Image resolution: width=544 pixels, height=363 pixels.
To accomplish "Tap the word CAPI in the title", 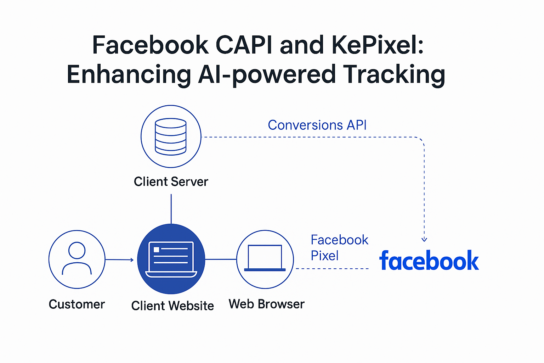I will point(244,45).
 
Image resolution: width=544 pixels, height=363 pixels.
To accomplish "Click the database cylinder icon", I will point(171,136).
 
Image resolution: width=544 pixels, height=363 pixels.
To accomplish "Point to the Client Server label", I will point(171,181).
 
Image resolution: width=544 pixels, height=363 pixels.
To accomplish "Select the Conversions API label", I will point(317,125).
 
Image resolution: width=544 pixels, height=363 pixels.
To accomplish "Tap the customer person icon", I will point(77,258).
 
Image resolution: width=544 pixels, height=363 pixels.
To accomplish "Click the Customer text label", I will point(77,304).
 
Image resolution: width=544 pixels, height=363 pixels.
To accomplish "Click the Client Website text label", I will point(172,306).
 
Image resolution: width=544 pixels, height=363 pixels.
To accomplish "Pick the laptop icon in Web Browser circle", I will point(265,258).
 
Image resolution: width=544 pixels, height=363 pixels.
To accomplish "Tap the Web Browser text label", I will point(266,304).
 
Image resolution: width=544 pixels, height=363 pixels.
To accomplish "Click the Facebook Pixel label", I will point(339,247).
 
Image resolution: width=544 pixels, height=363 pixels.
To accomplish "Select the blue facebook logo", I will point(429,261).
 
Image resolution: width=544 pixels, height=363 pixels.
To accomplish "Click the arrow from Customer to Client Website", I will point(120,259).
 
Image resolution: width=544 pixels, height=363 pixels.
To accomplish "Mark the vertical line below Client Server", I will point(171,209).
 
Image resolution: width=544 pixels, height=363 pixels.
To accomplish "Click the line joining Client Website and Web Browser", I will point(221,259).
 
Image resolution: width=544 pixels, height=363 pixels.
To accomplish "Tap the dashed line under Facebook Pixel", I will point(332,269).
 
